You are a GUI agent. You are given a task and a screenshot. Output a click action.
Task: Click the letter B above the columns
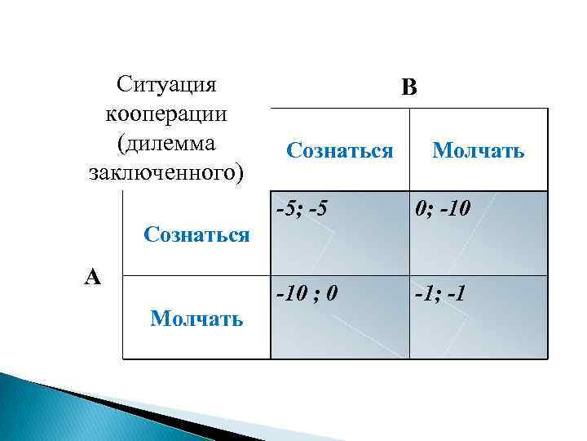pyautogui.click(x=409, y=87)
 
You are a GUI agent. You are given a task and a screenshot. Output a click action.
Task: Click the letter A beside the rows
pyautogui.click(x=93, y=278)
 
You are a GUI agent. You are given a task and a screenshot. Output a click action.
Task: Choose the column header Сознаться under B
pyautogui.click(x=340, y=150)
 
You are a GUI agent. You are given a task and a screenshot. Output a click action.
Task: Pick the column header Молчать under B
pyautogui.click(x=479, y=150)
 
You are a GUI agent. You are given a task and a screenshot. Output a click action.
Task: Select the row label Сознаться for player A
pyautogui.click(x=196, y=235)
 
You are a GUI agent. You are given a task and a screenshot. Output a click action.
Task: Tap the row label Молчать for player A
pyautogui.click(x=196, y=318)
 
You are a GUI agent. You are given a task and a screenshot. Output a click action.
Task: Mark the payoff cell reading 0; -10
pyautogui.click(x=479, y=233)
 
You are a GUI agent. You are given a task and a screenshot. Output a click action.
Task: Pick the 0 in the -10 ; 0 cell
pyautogui.click(x=332, y=292)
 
